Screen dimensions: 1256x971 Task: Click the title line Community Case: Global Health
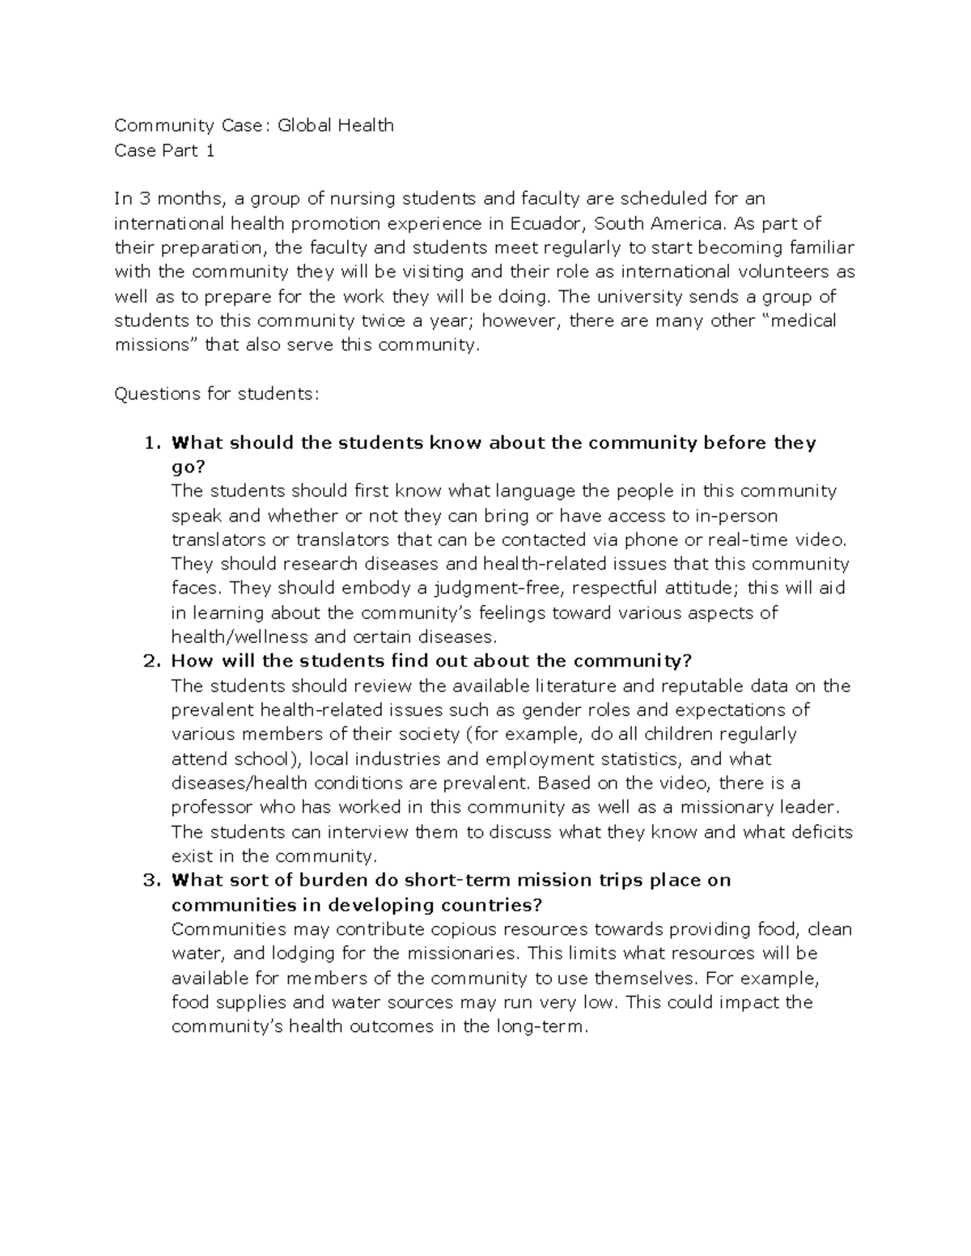click(254, 125)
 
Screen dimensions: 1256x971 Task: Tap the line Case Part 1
click(164, 150)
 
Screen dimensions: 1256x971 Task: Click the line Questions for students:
click(217, 394)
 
